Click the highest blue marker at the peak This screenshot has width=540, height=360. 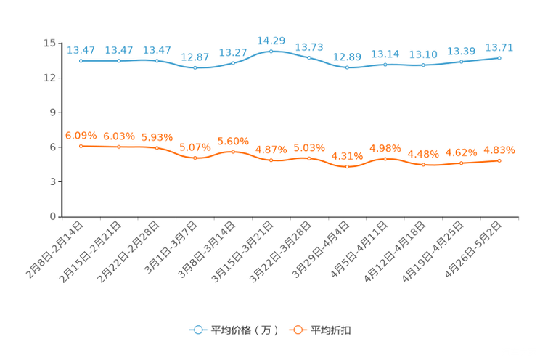271,52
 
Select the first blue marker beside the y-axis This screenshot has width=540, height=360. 81,61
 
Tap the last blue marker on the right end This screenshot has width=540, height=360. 499,57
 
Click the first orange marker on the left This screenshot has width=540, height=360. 81,146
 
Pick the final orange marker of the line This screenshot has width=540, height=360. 499,160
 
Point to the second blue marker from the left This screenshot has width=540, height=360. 118,61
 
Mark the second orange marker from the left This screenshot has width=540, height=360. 118,147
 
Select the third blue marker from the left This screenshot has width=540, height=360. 157,60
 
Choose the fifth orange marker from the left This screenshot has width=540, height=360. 233,152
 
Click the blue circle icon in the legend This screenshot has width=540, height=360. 197,330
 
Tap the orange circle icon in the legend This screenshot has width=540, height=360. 297,330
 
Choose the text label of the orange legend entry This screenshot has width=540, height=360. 331,330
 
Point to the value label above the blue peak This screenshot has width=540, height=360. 271,40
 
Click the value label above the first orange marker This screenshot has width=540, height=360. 81,135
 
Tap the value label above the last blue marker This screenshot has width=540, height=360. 499,47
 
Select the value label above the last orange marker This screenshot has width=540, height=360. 499,150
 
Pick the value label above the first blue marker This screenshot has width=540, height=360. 81,50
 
